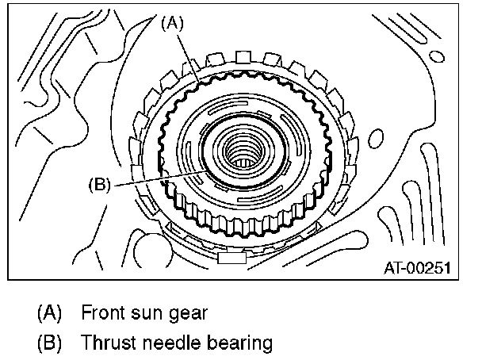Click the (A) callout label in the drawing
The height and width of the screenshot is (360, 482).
[173, 25]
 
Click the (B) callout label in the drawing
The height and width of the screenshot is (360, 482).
[101, 186]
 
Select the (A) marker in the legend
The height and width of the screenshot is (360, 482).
[50, 312]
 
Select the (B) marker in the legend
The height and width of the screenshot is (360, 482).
[50, 343]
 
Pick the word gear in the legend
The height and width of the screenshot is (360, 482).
[189, 312]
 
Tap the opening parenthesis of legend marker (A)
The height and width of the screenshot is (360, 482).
[40, 312]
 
